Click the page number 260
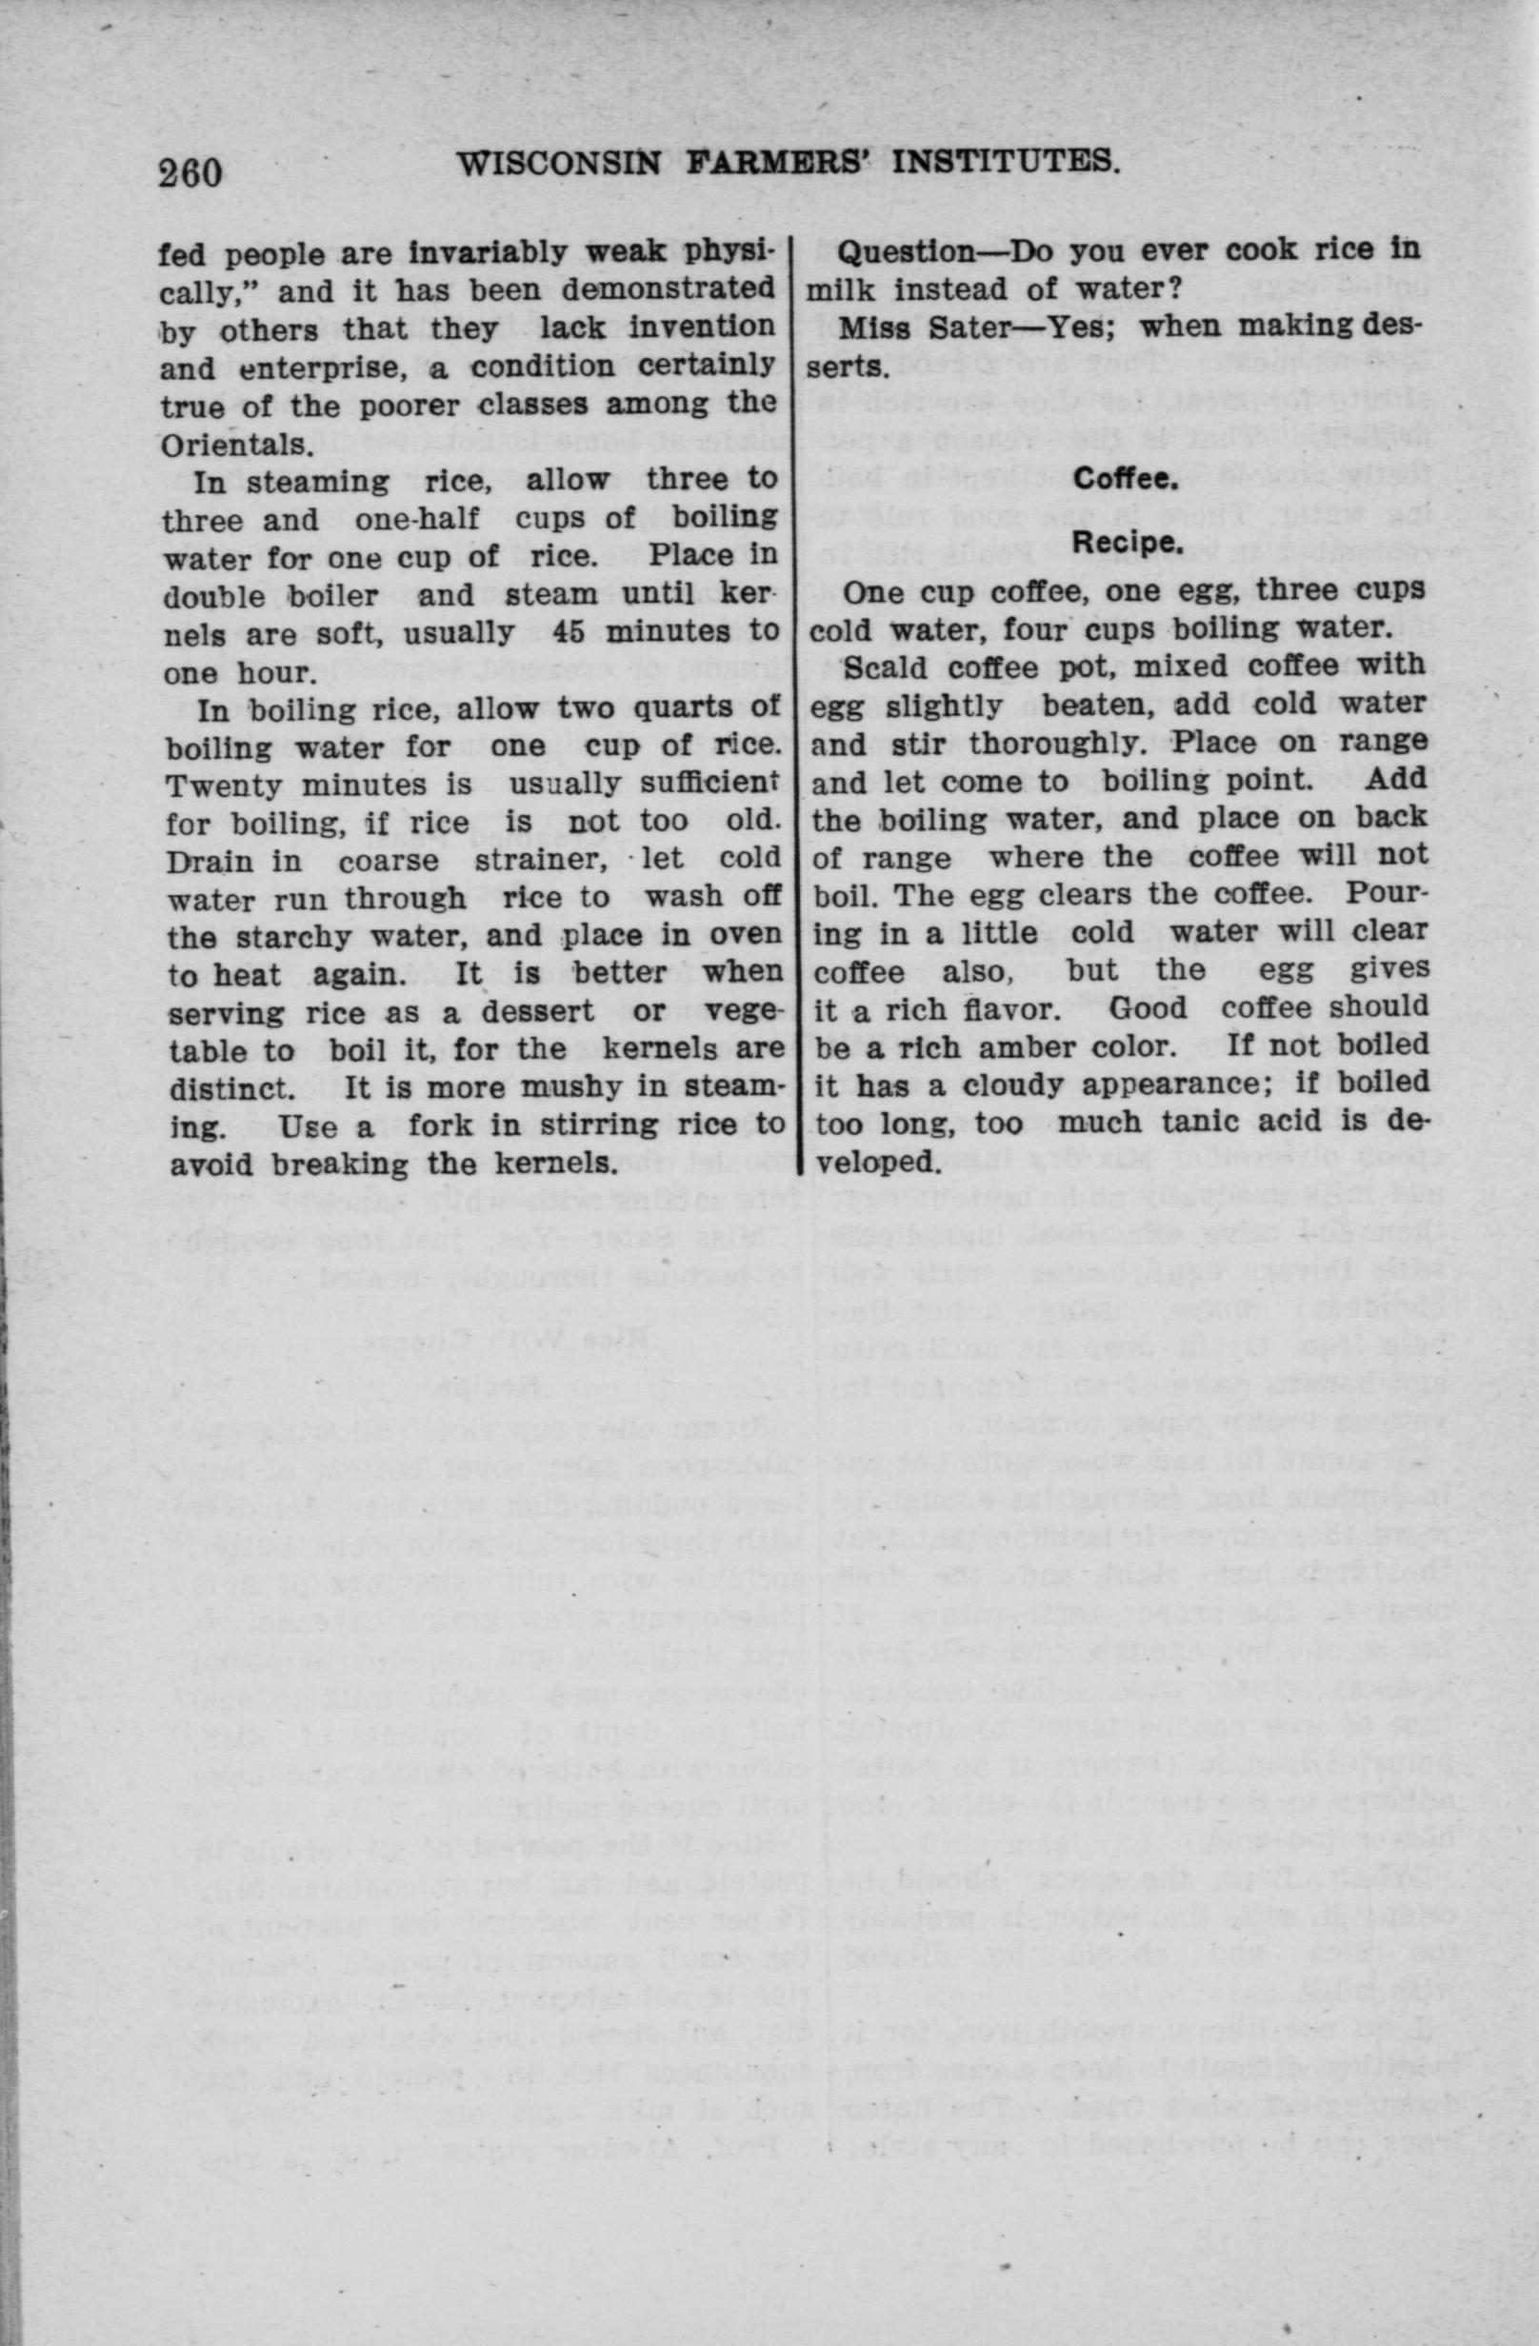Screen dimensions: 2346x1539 (190, 171)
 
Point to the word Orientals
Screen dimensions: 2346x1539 (231, 444)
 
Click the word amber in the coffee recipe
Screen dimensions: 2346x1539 (1034, 1045)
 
